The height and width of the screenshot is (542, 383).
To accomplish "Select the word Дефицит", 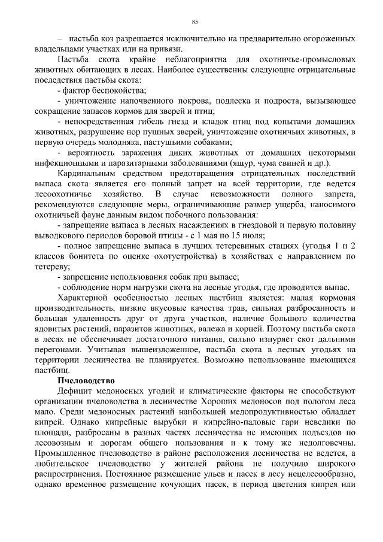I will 76,391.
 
